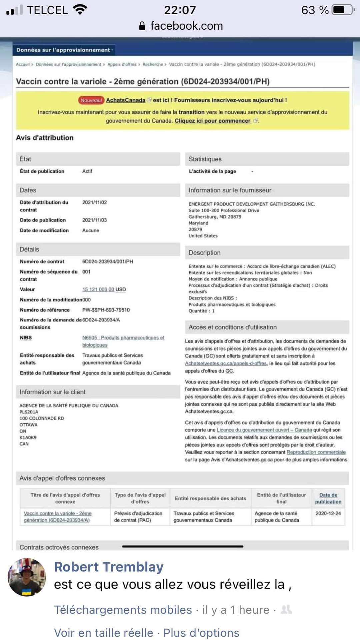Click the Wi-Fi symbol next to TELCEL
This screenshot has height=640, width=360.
click(79, 10)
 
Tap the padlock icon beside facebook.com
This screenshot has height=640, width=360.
click(142, 26)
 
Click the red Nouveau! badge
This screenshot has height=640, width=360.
click(91, 100)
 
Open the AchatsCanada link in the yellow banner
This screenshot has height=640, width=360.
click(126, 100)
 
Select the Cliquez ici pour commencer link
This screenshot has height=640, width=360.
click(213, 121)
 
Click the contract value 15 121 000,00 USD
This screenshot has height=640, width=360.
click(104, 289)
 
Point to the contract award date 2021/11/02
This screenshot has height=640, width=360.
click(94, 202)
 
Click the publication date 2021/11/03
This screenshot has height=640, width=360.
click(94, 220)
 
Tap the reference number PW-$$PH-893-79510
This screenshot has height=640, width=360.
click(106, 310)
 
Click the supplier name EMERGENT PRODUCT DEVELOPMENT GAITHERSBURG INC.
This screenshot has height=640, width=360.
click(252, 204)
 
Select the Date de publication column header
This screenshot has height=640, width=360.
click(328, 498)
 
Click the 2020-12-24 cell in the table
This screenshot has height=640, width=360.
click(328, 513)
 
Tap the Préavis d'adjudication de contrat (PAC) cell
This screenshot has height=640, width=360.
click(138, 517)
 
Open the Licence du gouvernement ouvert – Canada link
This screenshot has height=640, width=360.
click(264, 430)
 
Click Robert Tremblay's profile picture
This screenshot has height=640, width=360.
click(27, 577)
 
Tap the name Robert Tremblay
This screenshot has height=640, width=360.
click(109, 567)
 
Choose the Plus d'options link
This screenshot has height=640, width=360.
click(201, 633)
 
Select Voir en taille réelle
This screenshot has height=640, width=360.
click(103, 633)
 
